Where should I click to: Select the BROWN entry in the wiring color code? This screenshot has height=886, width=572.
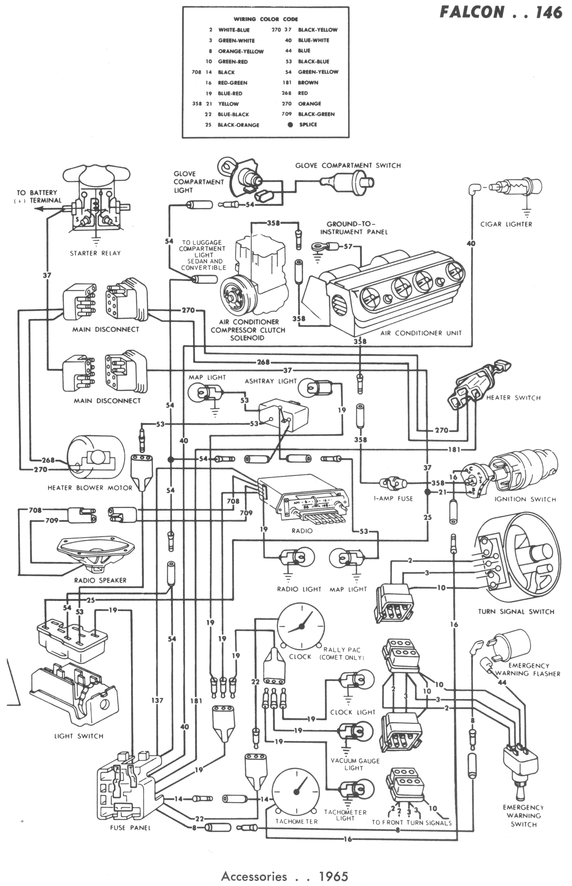click(x=308, y=82)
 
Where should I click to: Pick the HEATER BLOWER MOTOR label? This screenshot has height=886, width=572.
click(x=90, y=488)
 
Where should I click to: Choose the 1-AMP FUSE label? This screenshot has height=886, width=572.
click(x=393, y=498)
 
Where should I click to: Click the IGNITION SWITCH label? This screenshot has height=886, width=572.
click(x=525, y=499)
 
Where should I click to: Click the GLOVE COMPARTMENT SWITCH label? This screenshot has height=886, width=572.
click(x=348, y=166)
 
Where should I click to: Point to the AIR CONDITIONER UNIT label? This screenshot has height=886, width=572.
click(x=421, y=333)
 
